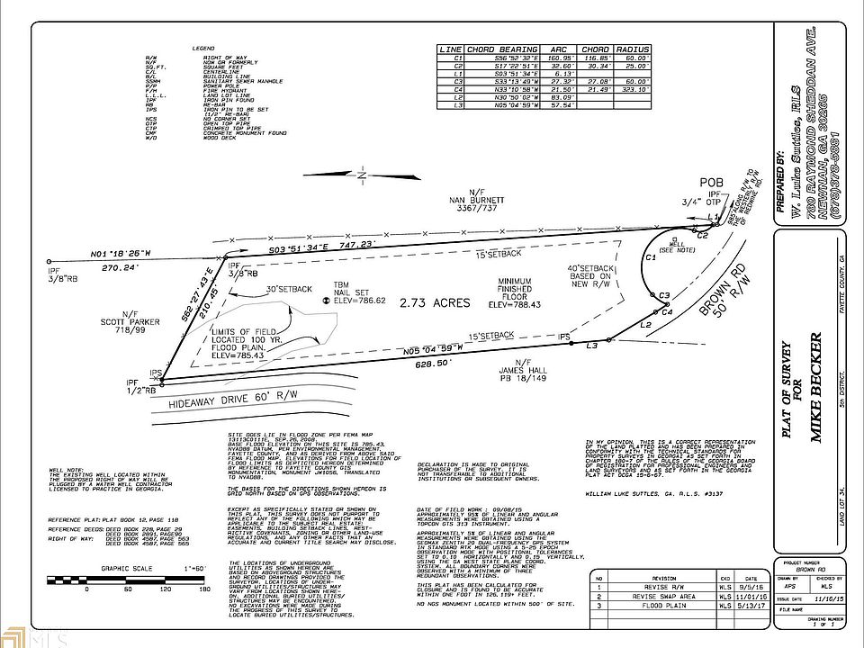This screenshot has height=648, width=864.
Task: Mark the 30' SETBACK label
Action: (289, 289)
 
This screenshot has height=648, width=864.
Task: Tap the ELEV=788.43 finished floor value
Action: (522, 304)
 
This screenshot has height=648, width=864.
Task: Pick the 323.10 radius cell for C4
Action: (632, 89)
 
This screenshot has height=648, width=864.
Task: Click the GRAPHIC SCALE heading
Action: (124, 568)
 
